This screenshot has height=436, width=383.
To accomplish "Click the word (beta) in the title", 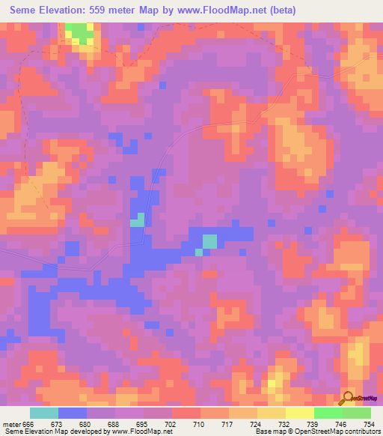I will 282,10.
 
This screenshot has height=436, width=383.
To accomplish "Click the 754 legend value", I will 370,423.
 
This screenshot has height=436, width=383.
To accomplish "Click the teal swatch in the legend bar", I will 44,413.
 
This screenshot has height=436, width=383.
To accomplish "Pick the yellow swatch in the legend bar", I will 300,413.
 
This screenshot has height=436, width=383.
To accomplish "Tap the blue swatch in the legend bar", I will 73,413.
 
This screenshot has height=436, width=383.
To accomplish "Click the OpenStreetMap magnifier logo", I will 347,399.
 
